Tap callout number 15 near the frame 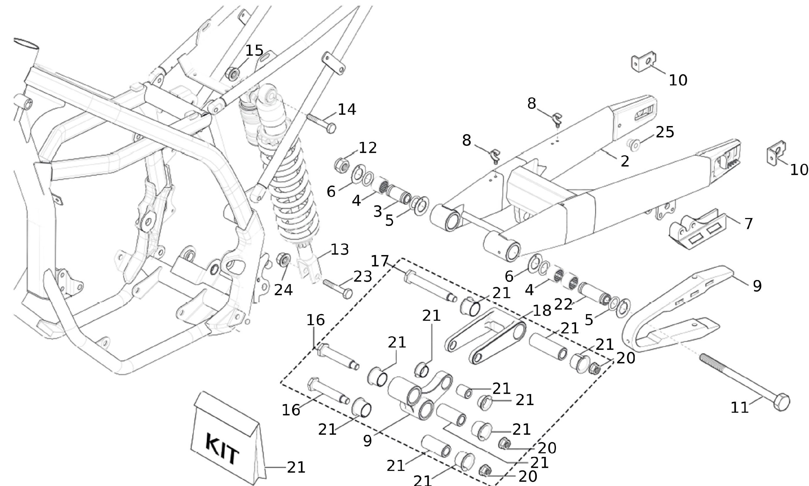[254, 51]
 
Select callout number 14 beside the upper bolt [347, 109]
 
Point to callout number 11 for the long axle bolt [740, 408]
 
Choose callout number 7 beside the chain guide [748, 224]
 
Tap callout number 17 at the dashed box [380, 261]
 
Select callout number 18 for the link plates [542, 311]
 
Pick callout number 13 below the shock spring [340, 250]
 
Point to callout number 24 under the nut [283, 290]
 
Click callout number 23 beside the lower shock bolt [363, 276]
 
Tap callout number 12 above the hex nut [368, 148]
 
